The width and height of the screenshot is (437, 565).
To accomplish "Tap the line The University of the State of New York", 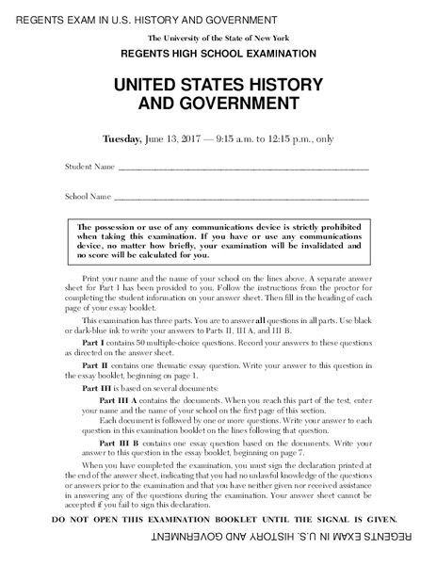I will coord(218,36).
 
